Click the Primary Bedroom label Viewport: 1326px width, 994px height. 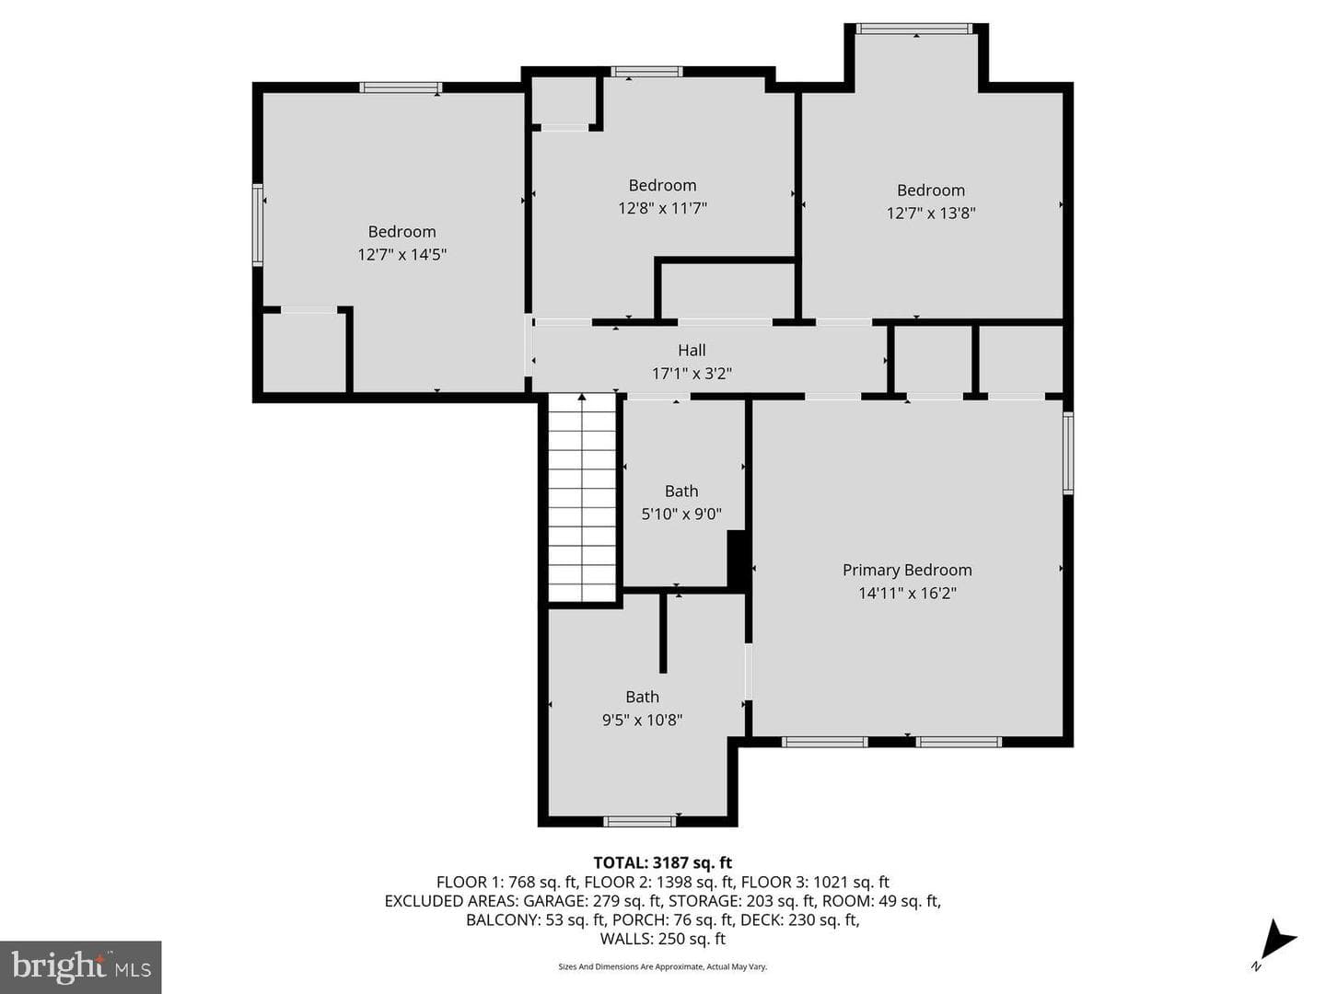click(x=907, y=570)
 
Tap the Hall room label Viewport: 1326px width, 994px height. click(x=692, y=350)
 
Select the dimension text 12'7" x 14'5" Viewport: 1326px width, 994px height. click(x=401, y=254)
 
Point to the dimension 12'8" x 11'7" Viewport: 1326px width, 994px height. click(x=662, y=208)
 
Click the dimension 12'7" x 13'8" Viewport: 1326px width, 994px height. click(x=930, y=213)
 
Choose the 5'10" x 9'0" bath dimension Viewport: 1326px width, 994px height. click(x=680, y=514)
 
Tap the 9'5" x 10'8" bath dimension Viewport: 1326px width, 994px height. click(x=642, y=720)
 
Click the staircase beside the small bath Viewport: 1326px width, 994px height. click(x=582, y=499)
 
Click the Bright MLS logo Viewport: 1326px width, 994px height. click(x=80, y=967)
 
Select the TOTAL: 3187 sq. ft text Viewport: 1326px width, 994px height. click(x=662, y=862)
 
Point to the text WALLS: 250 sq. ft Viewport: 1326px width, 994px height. click(x=662, y=939)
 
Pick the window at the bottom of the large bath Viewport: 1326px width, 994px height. click(x=640, y=821)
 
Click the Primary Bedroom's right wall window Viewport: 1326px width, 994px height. click(x=1068, y=453)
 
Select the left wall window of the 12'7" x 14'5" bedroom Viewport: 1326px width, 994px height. click(x=257, y=225)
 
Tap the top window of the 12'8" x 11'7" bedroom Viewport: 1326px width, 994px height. click(x=646, y=72)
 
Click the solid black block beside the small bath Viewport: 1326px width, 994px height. click(x=738, y=560)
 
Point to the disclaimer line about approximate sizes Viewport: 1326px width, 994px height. click(x=662, y=966)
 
